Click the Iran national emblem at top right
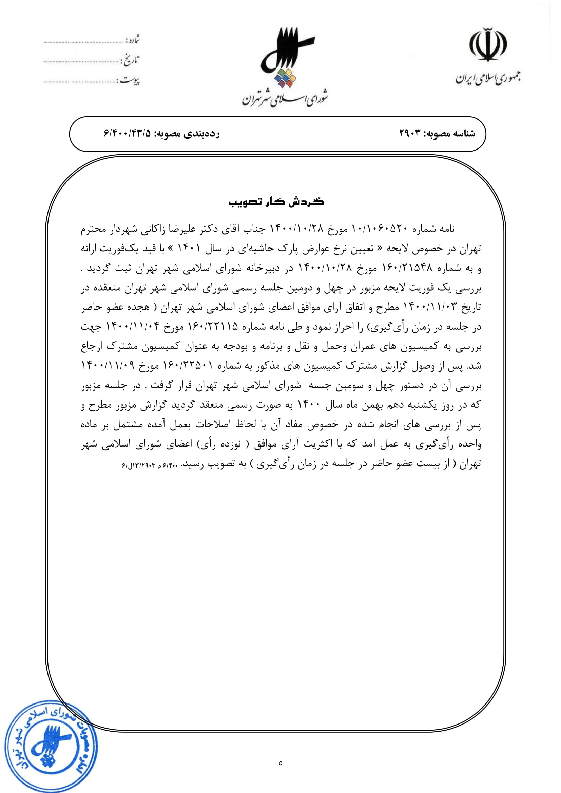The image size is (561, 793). (487, 45)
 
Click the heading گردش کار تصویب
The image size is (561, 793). (276, 202)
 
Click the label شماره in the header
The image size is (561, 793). (133, 40)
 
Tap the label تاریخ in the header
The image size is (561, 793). (130, 60)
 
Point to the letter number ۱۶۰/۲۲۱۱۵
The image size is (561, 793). (212, 326)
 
